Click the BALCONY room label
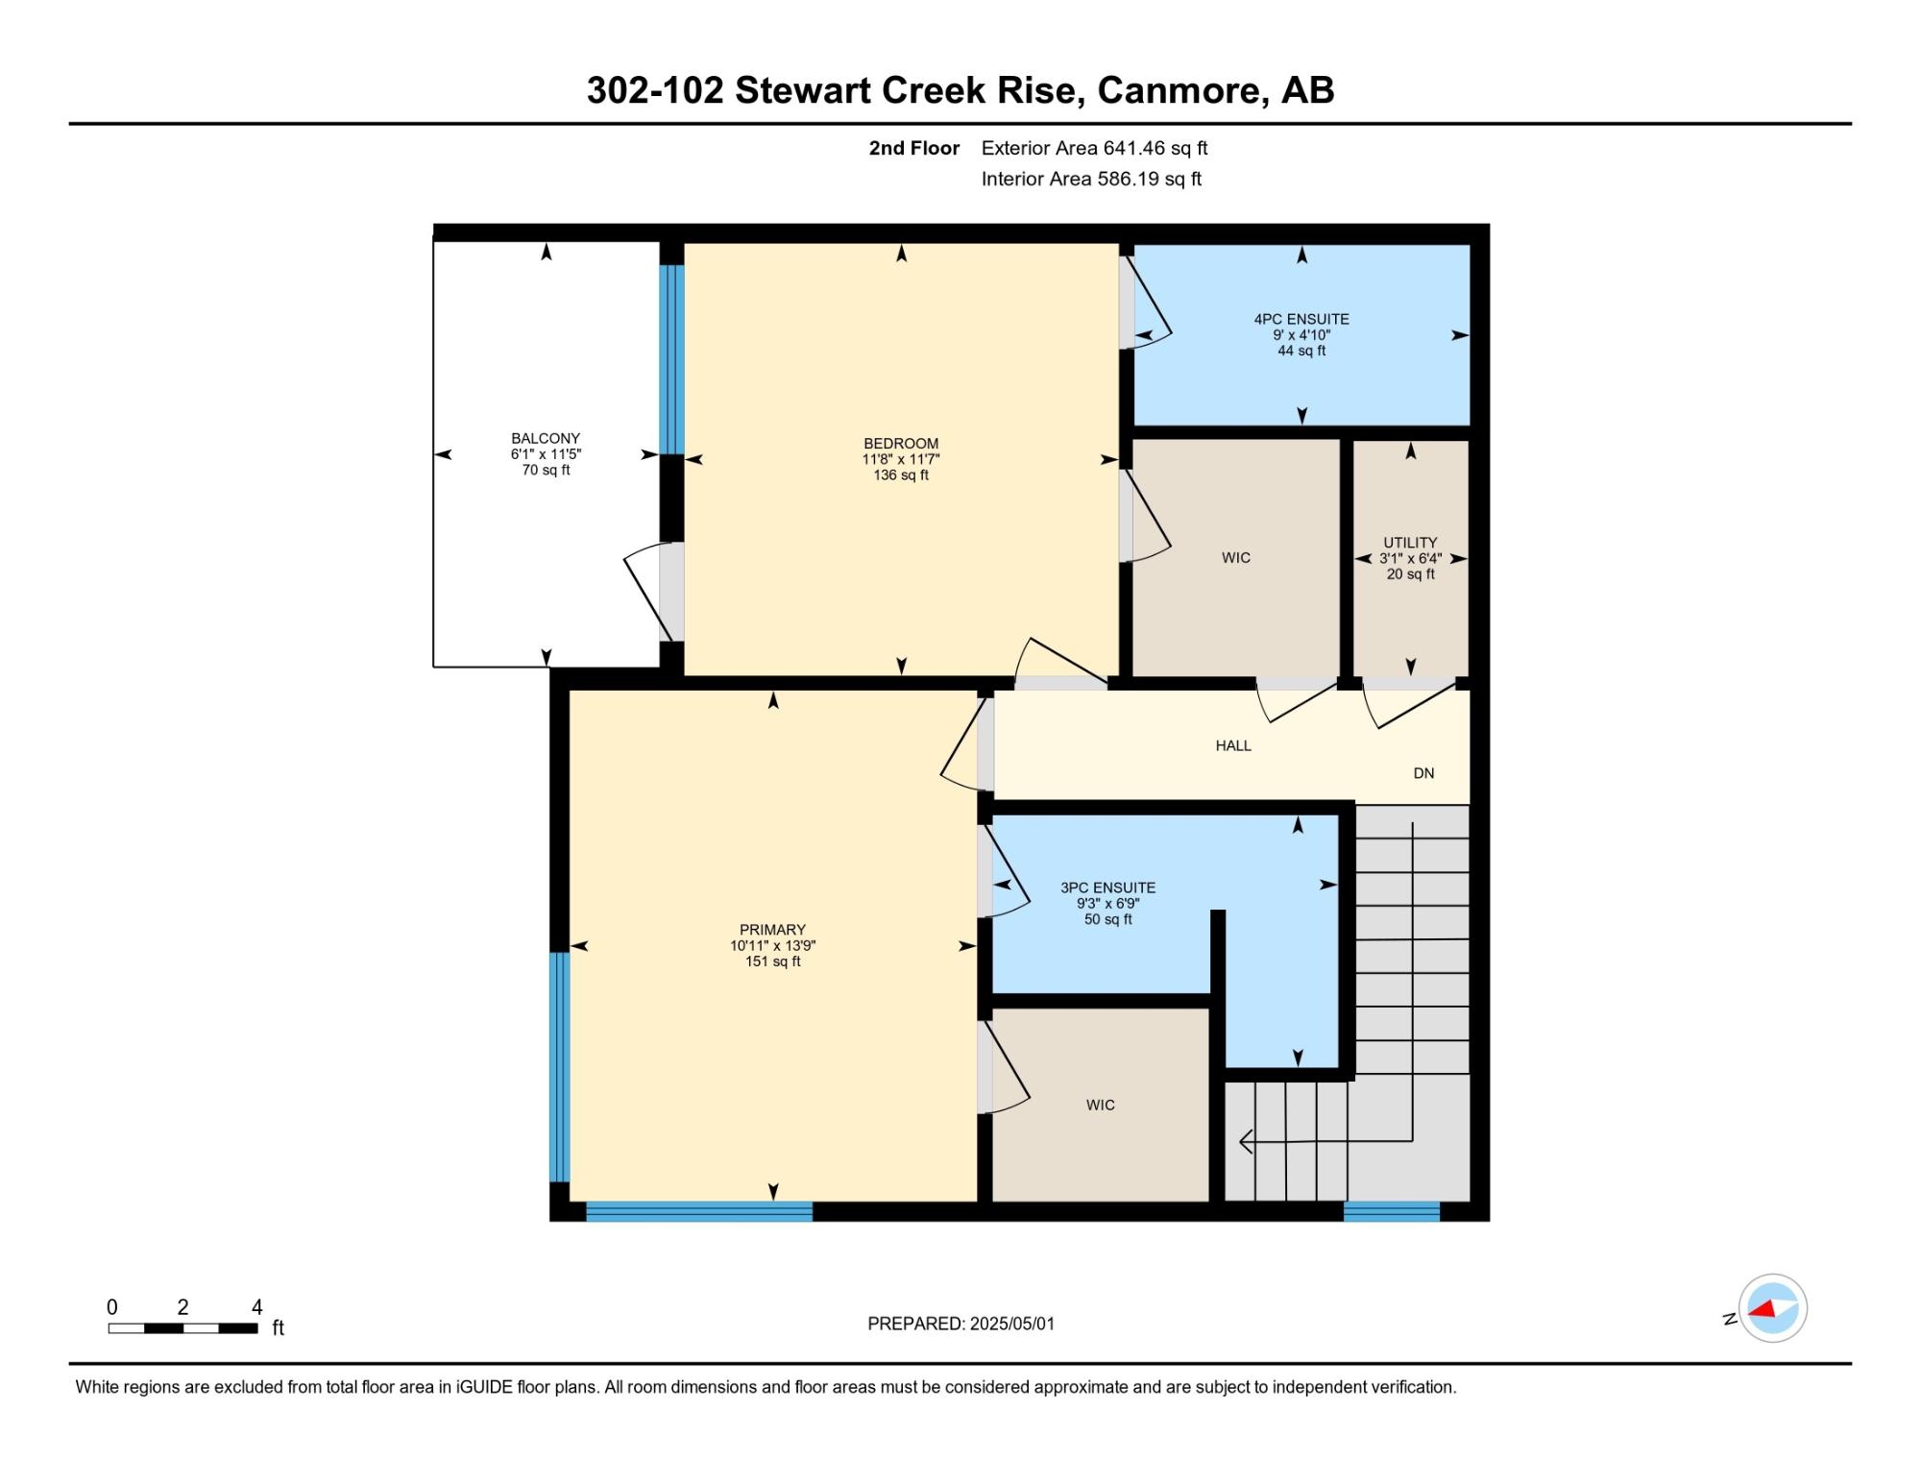tap(546, 438)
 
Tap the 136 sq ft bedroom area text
tap(901, 474)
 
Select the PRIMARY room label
tap(772, 930)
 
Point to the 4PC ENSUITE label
tap(1301, 319)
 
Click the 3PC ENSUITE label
tap(1107, 888)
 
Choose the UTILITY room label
tap(1410, 543)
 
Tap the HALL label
tap(1233, 745)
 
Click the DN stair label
tap(1423, 773)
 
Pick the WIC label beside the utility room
tap(1236, 558)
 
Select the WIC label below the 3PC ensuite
tap(1101, 1106)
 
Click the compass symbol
tap(1773, 1307)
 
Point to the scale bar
tap(182, 1328)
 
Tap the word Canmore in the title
tap(1182, 90)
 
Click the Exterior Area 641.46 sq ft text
tap(1094, 148)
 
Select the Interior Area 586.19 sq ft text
tap(1091, 179)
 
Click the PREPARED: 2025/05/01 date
tap(960, 1324)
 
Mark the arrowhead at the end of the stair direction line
tap(1246, 1141)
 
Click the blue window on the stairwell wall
tap(1391, 1211)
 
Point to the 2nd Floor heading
tap(914, 148)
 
